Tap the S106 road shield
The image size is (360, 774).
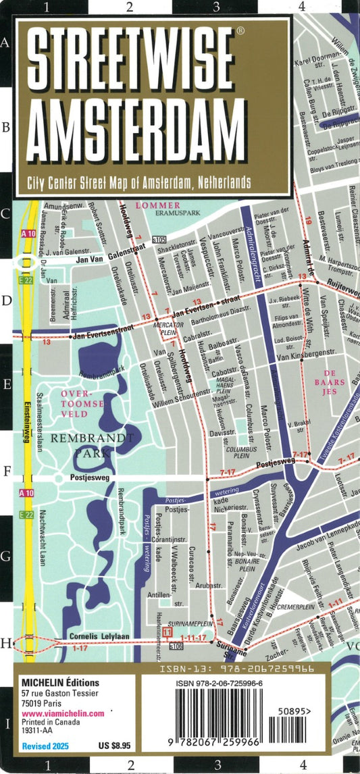tap(176, 646)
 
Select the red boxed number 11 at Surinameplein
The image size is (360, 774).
tap(168, 631)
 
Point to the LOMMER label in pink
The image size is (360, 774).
tap(158, 205)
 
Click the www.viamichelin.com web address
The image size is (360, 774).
tap(62, 713)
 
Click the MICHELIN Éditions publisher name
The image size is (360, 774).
tap(59, 683)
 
